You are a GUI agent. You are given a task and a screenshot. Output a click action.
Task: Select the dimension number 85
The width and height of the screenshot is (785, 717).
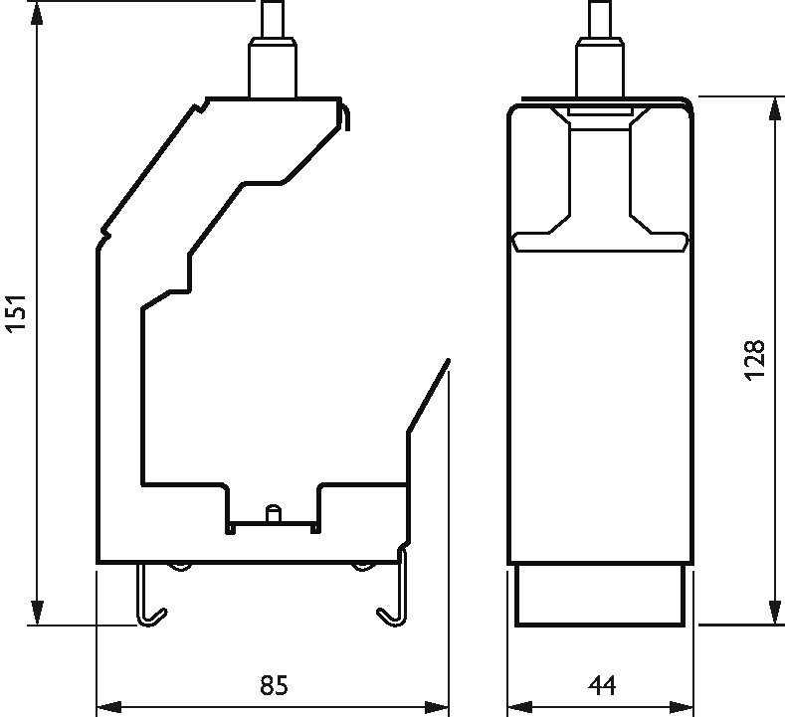tap(275, 685)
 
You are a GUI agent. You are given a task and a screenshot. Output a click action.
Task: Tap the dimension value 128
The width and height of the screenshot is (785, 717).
tap(755, 361)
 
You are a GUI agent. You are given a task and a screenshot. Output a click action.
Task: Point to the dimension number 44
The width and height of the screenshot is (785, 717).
tap(602, 685)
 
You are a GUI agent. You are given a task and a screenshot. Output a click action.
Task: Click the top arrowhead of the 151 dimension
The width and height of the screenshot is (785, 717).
tap(37, 13)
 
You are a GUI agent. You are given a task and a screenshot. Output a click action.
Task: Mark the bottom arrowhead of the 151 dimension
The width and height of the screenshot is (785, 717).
tap(37, 613)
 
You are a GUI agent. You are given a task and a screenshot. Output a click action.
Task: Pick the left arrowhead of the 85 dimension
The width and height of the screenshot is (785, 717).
tap(108, 708)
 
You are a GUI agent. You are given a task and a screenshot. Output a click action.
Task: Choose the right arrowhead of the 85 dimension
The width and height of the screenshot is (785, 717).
tap(436, 708)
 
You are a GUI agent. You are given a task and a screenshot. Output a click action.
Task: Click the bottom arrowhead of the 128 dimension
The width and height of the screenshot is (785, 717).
tap(774, 613)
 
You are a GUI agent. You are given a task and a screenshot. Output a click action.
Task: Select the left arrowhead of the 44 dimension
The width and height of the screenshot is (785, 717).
tap(520, 708)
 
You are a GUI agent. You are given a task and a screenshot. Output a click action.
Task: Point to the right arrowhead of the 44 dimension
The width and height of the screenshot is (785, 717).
tap(682, 708)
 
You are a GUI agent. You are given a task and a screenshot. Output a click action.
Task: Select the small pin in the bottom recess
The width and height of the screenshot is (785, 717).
tap(274, 513)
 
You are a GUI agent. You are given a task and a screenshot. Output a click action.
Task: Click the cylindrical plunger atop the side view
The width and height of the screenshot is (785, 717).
tap(273, 49)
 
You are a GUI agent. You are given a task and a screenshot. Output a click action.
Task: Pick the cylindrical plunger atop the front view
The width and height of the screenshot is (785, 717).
tap(600, 49)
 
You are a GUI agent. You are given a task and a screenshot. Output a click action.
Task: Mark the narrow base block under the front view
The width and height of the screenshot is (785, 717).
tap(600, 596)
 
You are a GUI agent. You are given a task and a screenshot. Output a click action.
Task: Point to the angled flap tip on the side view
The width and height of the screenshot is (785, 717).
tap(448, 360)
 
